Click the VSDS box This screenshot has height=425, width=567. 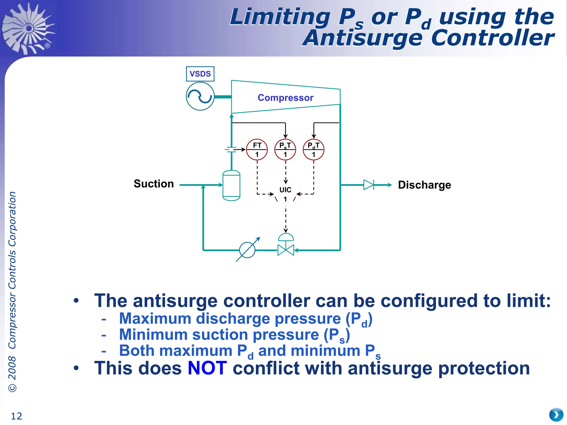tap(200, 74)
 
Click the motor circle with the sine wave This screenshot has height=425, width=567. tap(200, 96)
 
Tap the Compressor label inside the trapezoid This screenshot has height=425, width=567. tap(285, 98)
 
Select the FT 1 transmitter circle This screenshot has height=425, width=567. tap(257, 150)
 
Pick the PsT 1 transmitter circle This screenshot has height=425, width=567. tap(285, 150)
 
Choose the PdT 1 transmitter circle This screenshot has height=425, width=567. tap(313, 150)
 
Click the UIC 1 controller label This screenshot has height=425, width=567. tap(285, 194)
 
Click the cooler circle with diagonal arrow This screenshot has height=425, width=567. tap(247, 250)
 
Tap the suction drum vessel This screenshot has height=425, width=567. tap(231, 185)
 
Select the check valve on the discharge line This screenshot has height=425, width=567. tap(369, 185)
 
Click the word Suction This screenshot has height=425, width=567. tap(154, 184)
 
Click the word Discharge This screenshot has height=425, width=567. tap(424, 185)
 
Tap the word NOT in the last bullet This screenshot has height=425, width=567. tap(207, 368)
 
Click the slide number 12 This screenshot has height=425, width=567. tap(16, 416)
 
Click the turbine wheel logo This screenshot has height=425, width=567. tap(28, 28)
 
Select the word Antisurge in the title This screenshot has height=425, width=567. tap(363, 38)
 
